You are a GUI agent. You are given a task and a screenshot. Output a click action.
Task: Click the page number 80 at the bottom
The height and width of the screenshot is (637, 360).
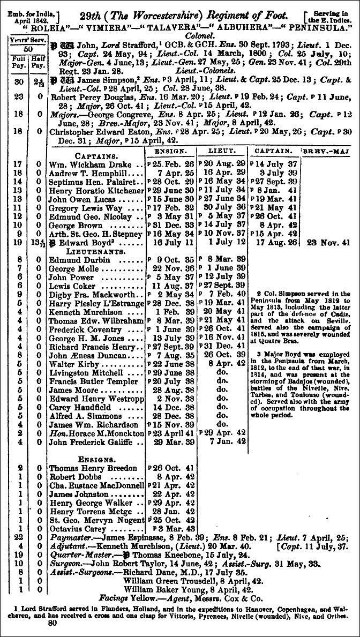pos(52,623)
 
